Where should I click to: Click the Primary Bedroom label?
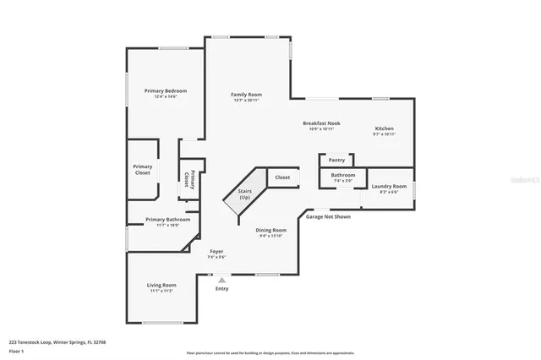point(165,90)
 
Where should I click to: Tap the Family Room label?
point(247,94)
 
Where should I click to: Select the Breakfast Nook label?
point(321,123)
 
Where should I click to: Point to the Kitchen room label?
point(385,128)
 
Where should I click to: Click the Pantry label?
point(336,160)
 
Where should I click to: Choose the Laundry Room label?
point(389,186)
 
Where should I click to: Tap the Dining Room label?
point(272,230)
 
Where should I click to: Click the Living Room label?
point(161,285)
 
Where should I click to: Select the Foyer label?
point(217,251)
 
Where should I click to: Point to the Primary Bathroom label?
point(167,220)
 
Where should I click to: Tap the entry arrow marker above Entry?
point(221,280)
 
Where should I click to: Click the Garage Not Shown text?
point(327,216)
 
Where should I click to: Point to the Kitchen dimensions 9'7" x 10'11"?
point(385,134)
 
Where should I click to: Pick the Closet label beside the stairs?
point(282,177)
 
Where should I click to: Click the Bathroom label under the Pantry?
point(343,176)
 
